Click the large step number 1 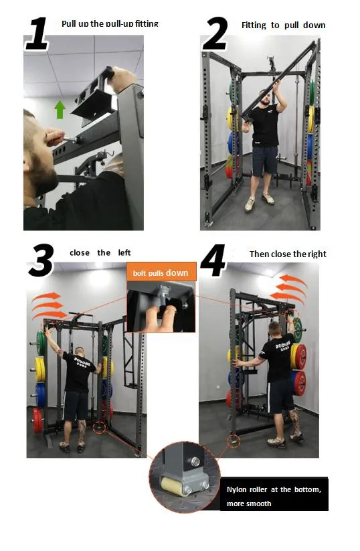[37, 33]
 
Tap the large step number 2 [215, 33]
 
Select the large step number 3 [41, 260]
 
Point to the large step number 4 [213, 260]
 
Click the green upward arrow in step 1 [60, 109]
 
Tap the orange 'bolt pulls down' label [161, 272]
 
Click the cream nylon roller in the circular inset [175, 486]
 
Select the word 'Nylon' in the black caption [236, 490]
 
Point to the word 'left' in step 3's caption [124, 252]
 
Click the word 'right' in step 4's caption [317, 254]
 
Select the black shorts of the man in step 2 [264, 161]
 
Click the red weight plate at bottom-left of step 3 [37, 420]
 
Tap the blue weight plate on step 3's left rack [41, 395]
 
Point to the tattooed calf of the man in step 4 [294, 422]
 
